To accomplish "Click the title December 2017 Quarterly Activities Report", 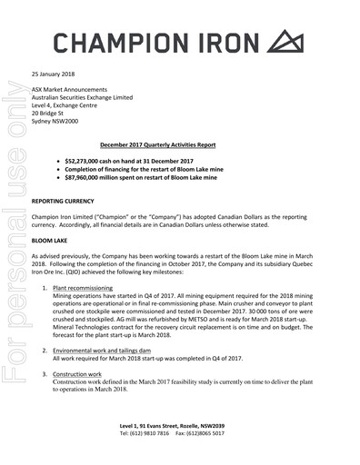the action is click(x=180, y=145).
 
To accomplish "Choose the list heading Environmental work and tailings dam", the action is click(x=114, y=349).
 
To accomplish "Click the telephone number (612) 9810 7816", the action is click(x=151, y=433).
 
